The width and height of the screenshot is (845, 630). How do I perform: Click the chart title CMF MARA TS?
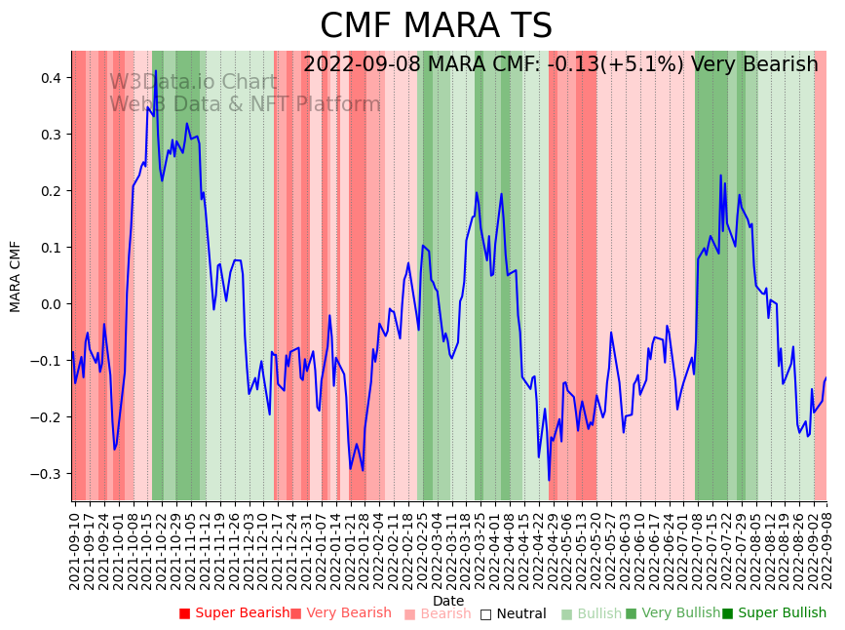[x=436, y=26]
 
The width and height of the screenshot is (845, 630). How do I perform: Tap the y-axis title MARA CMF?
[x=16, y=276]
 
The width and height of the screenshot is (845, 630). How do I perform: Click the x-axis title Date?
[x=448, y=601]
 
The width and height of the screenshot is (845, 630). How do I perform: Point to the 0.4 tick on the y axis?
[x=51, y=78]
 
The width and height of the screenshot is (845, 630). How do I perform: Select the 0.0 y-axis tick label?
[x=51, y=304]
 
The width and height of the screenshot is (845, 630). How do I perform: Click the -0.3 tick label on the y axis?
[x=48, y=474]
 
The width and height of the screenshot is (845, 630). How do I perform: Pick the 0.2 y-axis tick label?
[x=51, y=191]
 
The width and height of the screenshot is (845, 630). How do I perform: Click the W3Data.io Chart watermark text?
[x=193, y=82]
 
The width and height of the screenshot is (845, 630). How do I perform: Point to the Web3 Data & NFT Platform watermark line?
[x=245, y=104]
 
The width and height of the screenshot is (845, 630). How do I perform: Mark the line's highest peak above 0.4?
[x=155, y=70]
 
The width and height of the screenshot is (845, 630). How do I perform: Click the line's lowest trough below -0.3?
[x=549, y=480]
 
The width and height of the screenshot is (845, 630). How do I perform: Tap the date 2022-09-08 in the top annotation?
[x=363, y=65]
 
